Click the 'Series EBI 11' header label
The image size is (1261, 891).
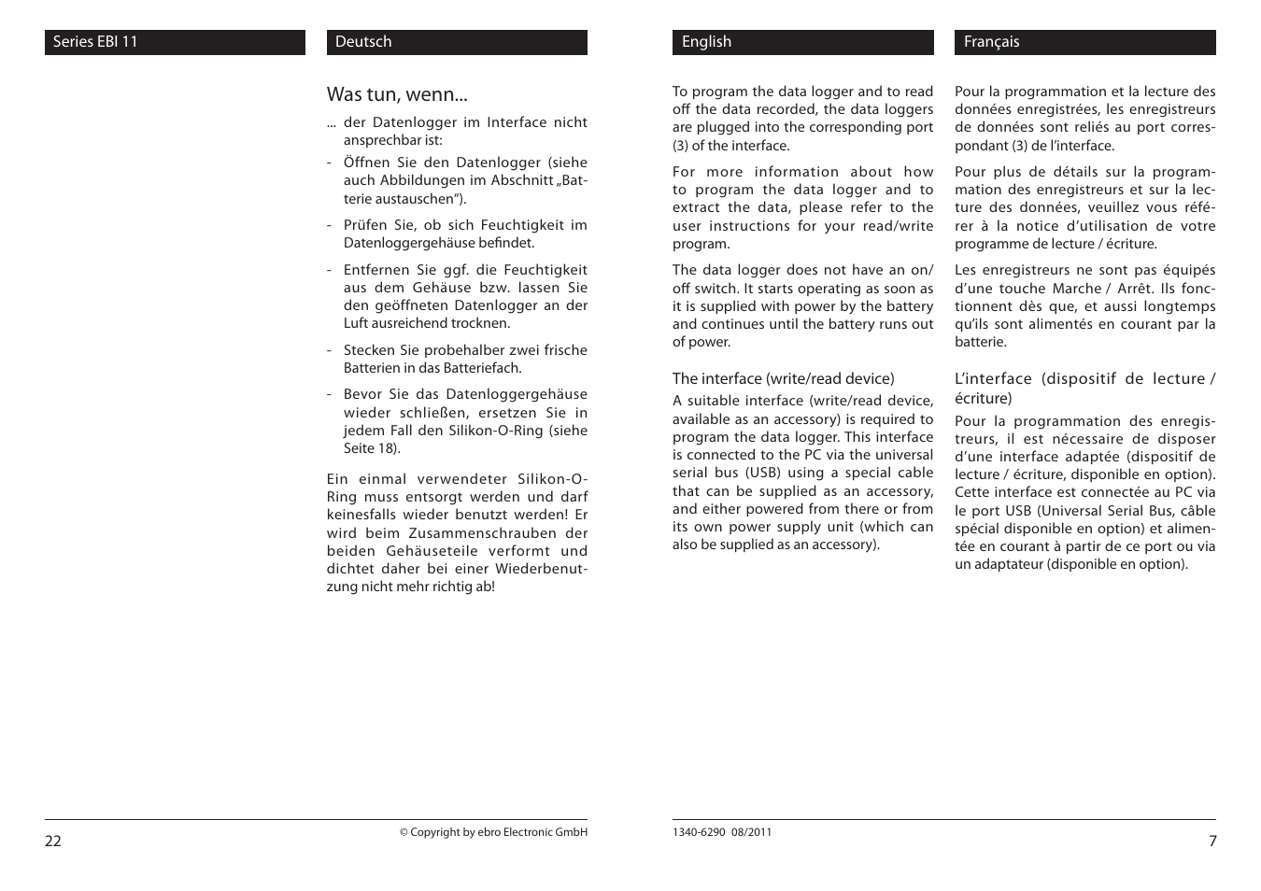(95, 42)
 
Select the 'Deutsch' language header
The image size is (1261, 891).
(363, 42)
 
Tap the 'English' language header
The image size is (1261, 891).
(706, 42)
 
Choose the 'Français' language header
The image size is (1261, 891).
(991, 42)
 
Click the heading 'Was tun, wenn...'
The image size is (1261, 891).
(397, 94)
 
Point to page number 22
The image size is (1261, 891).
(53, 841)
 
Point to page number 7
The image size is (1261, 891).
(1212, 841)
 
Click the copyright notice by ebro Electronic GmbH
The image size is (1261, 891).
(493, 832)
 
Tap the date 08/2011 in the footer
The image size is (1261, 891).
(753, 832)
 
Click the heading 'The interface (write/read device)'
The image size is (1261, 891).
(783, 378)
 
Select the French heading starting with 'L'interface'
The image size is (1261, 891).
(1084, 388)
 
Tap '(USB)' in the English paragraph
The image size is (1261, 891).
(762, 473)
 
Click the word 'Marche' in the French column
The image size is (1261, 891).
(1076, 289)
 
